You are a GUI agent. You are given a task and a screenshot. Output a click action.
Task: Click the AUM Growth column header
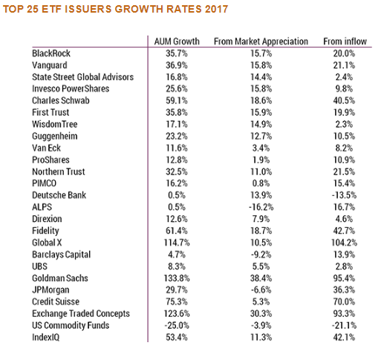coord(177,42)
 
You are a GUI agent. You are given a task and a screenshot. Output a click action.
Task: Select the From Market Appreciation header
coord(261,42)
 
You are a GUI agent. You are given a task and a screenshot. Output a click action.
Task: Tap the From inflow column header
coord(345,42)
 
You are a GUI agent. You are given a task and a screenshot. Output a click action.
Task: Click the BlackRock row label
coord(51,53)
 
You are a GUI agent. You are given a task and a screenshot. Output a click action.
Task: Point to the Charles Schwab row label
coord(61,100)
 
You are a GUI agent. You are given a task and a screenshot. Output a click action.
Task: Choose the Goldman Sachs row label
coord(60,278)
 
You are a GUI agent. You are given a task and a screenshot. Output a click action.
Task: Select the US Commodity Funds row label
coord(71,325)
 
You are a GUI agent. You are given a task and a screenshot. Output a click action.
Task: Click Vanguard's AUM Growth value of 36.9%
coord(177,65)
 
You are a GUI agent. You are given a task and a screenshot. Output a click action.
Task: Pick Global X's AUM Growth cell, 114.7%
coord(177,243)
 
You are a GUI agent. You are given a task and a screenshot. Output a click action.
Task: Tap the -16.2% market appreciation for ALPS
coord(261,207)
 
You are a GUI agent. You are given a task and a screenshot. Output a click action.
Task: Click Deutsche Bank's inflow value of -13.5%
coord(344,195)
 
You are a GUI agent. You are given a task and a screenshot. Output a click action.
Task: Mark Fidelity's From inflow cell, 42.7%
coord(344,231)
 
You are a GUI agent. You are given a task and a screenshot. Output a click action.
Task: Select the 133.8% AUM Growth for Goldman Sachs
coord(177,278)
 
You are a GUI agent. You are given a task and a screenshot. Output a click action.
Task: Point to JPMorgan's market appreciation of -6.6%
coord(261,289)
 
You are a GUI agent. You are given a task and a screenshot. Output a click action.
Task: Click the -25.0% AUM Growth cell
coord(177,325)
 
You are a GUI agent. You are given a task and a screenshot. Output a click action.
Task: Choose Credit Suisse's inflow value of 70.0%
coord(344,301)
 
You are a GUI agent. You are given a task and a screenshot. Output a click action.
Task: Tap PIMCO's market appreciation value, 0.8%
coord(261,183)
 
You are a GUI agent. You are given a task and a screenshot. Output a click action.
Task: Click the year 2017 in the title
coord(216,9)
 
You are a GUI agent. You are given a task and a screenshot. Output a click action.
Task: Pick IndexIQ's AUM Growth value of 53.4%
coord(177,337)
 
